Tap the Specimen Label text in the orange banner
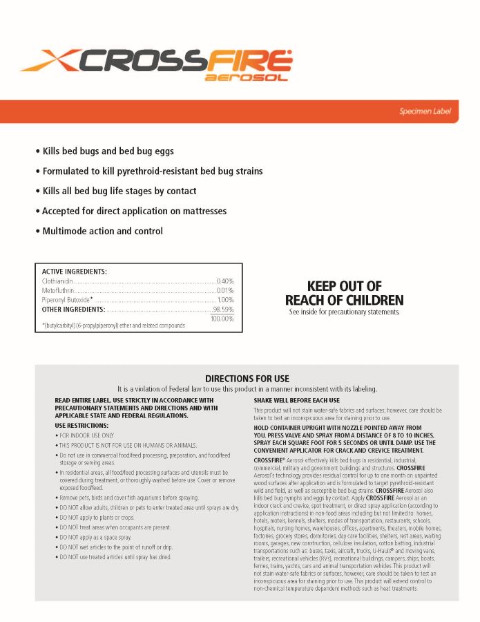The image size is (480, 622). (x=425, y=111)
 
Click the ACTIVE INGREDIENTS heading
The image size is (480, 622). (x=75, y=272)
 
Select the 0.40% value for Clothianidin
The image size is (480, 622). (x=225, y=281)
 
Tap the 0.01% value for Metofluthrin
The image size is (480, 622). (x=225, y=291)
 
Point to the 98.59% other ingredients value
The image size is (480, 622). (x=223, y=309)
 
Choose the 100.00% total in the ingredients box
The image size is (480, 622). (x=222, y=319)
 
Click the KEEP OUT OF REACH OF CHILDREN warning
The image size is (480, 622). (x=344, y=293)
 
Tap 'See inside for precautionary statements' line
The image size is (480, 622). (x=344, y=312)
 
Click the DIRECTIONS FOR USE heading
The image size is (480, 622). (x=247, y=379)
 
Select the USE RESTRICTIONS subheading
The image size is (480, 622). (x=80, y=426)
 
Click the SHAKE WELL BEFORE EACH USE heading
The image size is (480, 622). (x=296, y=400)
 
